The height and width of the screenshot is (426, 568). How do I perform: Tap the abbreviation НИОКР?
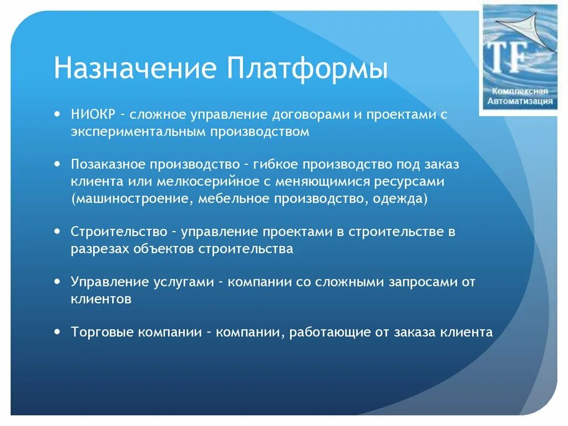[x=93, y=114]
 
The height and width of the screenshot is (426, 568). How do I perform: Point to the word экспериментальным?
[x=139, y=132]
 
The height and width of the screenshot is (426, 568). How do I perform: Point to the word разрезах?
[x=100, y=249]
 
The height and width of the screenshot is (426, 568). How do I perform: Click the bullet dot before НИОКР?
[x=58, y=113]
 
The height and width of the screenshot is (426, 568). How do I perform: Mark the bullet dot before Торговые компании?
[x=58, y=331]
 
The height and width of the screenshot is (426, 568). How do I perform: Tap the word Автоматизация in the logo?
[x=520, y=102]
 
